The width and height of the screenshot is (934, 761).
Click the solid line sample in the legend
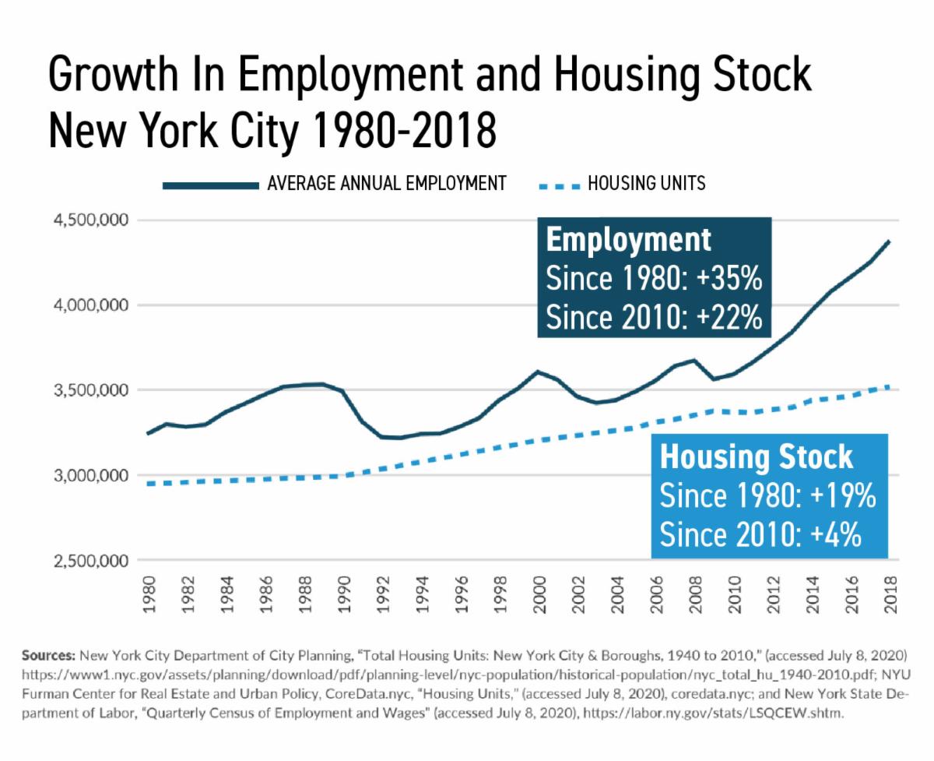210,185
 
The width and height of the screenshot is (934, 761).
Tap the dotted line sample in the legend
560,185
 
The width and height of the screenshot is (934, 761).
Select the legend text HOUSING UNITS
647,185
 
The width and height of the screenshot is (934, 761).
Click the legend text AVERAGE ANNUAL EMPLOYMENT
387,185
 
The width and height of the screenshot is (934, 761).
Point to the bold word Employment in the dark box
629,239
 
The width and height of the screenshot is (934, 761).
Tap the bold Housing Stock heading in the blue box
757,457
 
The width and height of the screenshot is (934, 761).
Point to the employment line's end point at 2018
889,241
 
